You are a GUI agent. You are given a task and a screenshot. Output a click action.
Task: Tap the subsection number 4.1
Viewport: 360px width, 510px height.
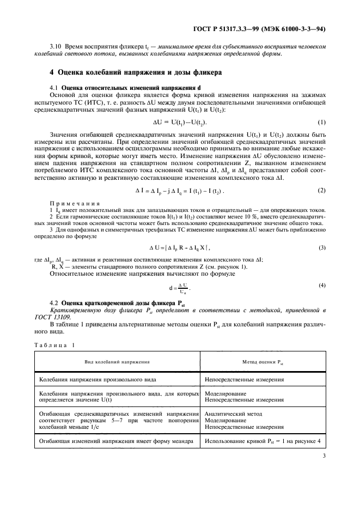(54, 88)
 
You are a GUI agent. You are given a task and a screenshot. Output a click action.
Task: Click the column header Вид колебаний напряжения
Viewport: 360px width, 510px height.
(117, 361)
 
